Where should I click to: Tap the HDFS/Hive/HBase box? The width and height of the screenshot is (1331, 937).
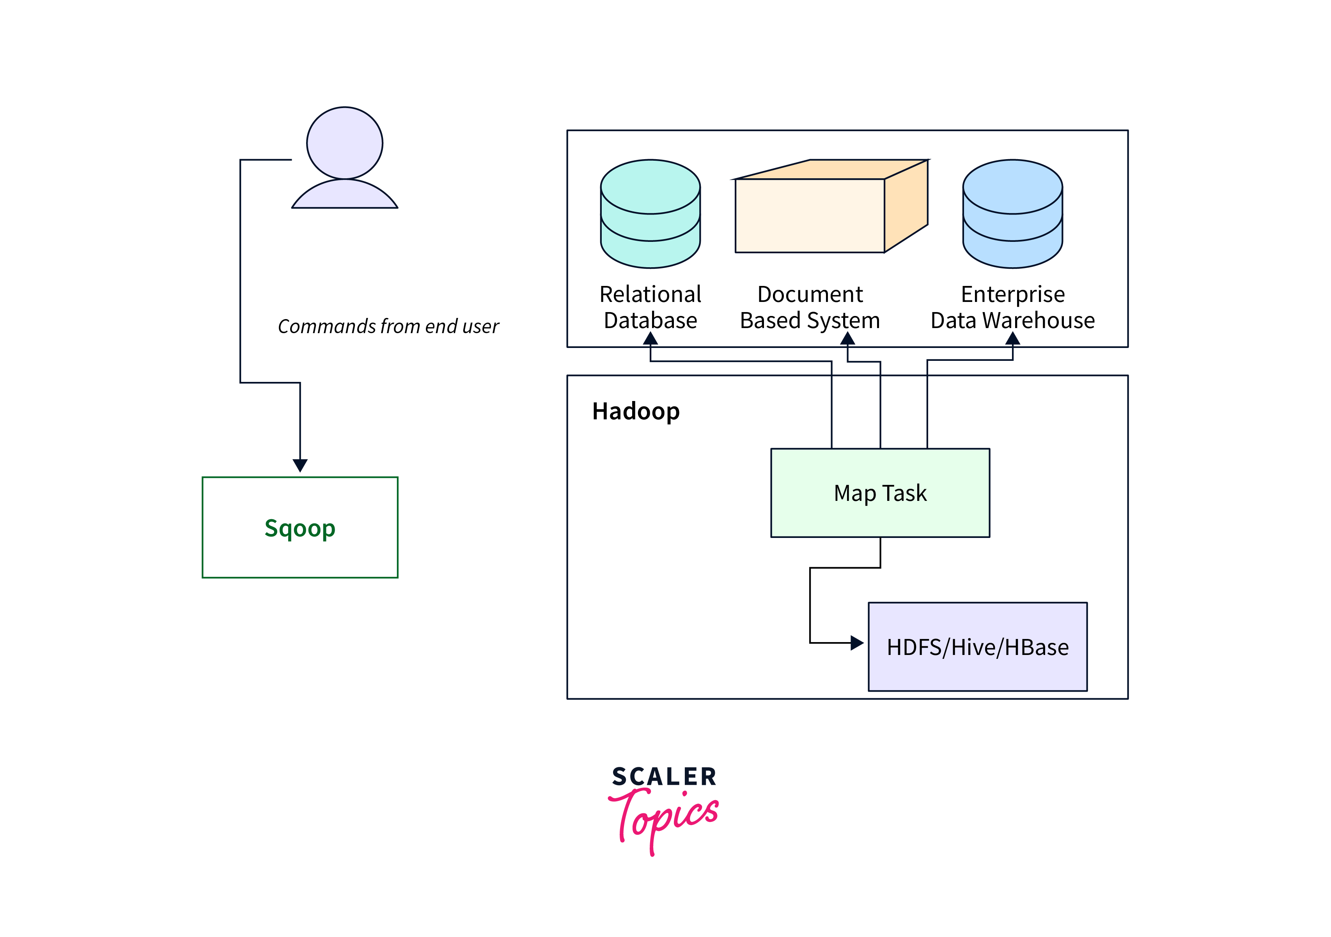(977, 646)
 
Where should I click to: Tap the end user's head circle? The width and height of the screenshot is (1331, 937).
(344, 143)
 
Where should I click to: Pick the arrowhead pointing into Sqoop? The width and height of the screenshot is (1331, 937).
(300, 465)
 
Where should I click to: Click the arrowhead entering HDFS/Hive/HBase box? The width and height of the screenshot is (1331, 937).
(857, 642)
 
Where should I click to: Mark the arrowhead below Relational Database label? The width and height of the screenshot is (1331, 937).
(650, 339)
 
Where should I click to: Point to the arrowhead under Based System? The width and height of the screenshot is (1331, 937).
(847, 339)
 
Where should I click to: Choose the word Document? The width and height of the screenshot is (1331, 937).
(810, 295)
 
